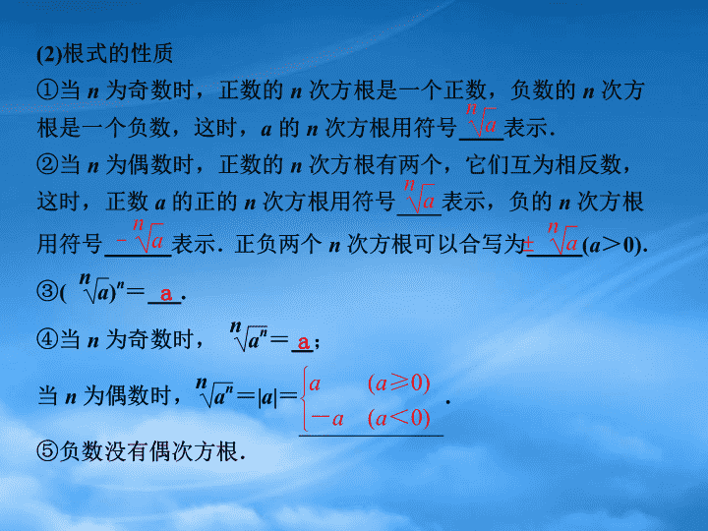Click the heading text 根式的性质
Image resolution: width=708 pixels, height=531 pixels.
[x=117, y=54]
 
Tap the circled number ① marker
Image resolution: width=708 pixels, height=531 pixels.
[x=48, y=90]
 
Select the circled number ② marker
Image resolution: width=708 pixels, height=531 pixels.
[x=48, y=164]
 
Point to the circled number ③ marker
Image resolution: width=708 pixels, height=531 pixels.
[x=48, y=291]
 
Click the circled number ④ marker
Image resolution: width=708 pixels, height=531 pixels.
[x=48, y=339]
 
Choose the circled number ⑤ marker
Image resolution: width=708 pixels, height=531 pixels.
[x=48, y=450]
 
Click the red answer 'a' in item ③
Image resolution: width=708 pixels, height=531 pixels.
[x=166, y=294]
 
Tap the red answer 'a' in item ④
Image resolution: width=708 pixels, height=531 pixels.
[x=304, y=342]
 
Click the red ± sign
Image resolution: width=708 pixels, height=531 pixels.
[x=529, y=244]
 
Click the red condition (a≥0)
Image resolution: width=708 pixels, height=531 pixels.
[x=398, y=383]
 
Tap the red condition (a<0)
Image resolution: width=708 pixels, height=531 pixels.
[x=398, y=418]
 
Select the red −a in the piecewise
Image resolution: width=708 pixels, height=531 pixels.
[x=326, y=419]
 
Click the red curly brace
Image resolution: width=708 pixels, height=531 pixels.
[x=305, y=399]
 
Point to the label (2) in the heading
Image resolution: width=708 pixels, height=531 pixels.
[x=49, y=54]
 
